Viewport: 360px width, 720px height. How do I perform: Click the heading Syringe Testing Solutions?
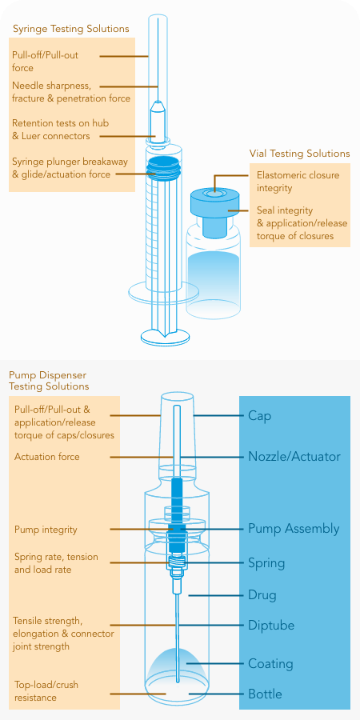(x=70, y=29)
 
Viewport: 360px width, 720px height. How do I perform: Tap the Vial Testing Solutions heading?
(x=299, y=154)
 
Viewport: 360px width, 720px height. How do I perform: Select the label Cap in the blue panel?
(x=259, y=416)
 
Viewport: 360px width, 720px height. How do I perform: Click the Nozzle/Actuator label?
(x=294, y=457)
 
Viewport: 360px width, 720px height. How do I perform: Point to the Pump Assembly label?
(x=294, y=529)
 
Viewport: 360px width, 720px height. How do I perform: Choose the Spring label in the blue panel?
(x=266, y=563)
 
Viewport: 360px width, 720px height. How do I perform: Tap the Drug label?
(x=262, y=595)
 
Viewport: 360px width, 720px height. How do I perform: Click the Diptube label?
(x=271, y=626)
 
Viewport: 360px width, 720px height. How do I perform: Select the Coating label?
(x=270, y=664)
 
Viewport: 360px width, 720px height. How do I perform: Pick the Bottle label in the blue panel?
(x=265, y=694)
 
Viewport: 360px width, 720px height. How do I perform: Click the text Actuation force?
(x=47, y=457)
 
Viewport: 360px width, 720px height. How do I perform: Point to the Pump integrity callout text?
(x=46, y=530)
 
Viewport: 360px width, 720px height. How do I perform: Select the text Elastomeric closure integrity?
(x=298, y=182)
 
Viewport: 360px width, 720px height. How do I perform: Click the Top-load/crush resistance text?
(x=46, y=691)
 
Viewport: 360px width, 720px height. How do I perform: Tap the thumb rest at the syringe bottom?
(x=165, y=336)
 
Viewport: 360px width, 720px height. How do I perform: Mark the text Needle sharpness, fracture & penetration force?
(x=71, y=92)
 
